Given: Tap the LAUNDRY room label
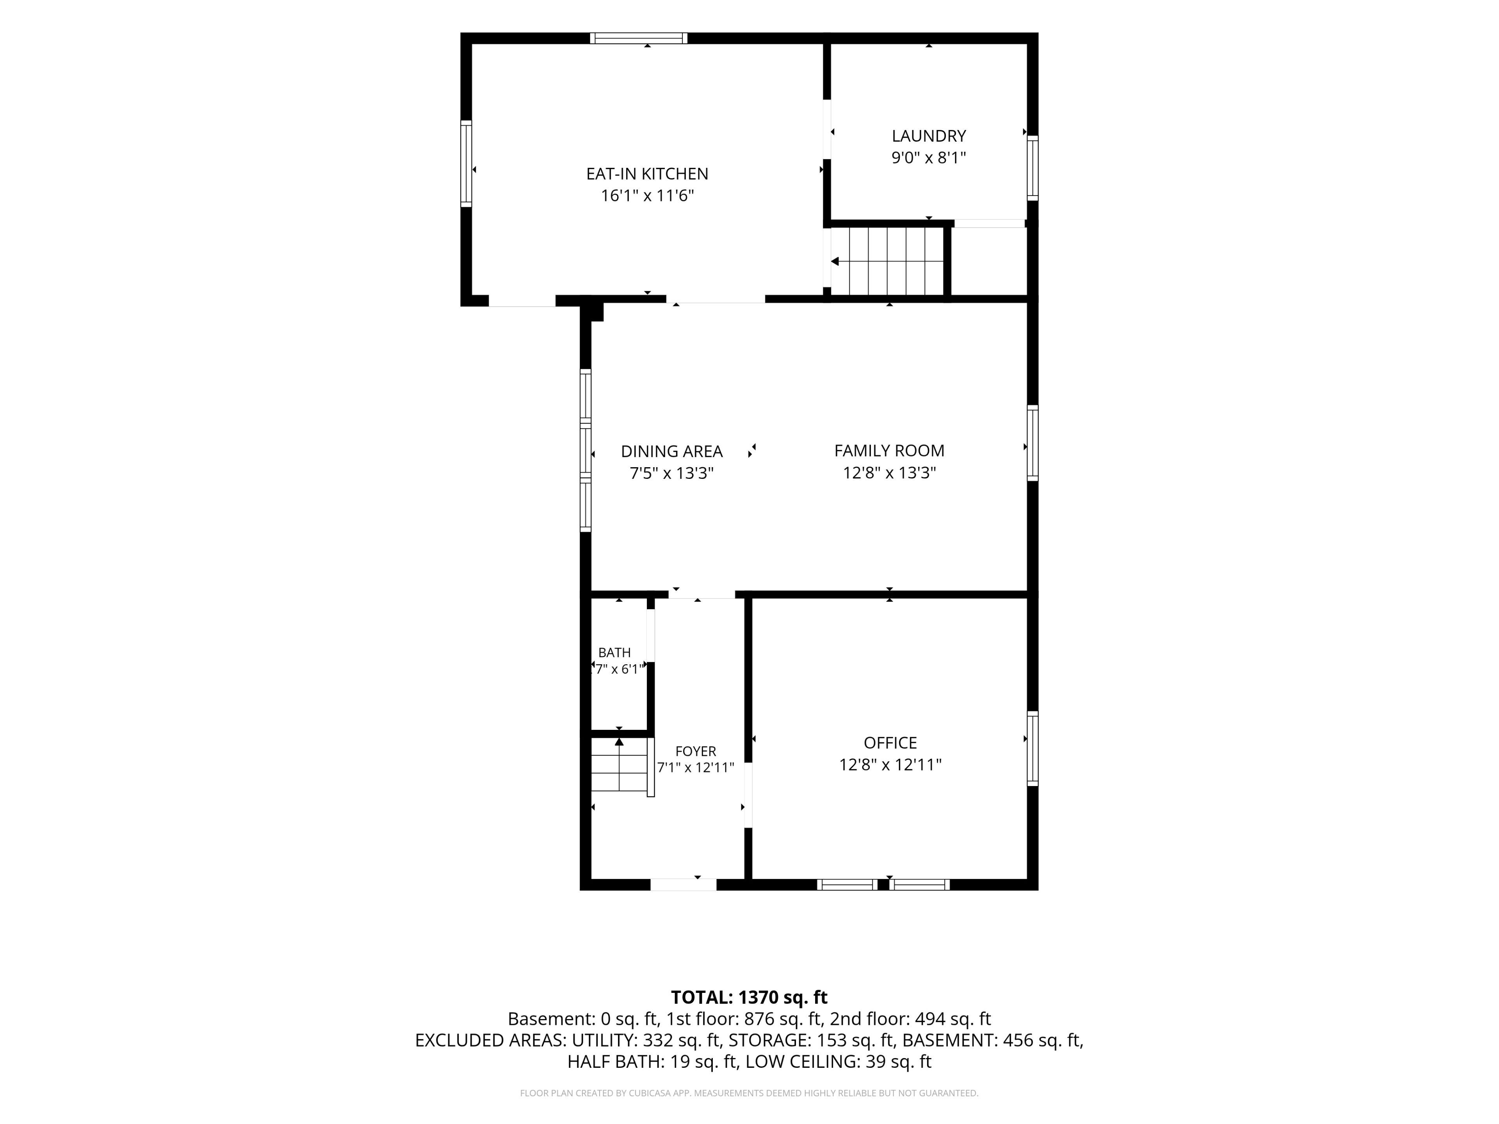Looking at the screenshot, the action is (x=928, y=136).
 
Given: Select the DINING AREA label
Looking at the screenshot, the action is (x=671, y=451).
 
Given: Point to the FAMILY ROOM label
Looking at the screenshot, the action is (x=889, y=450).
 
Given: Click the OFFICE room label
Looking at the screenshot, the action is (x=890, y=743).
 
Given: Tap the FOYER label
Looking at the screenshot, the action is (x=695, y=751).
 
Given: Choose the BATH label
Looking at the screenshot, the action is (x=614, y=653).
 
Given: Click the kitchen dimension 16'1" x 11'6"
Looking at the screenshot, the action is (x=647, y=196).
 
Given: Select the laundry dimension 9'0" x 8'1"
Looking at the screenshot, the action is (x=928, y=158).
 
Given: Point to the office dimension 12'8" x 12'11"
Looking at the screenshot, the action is (x=890, y=765).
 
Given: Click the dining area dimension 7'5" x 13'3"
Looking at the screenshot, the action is (x=671, y=473).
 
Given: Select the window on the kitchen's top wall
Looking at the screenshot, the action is (x=638, y=38).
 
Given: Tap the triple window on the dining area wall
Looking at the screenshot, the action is (x=586, y=450).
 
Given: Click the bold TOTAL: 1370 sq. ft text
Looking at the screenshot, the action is (x=749, y=997).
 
